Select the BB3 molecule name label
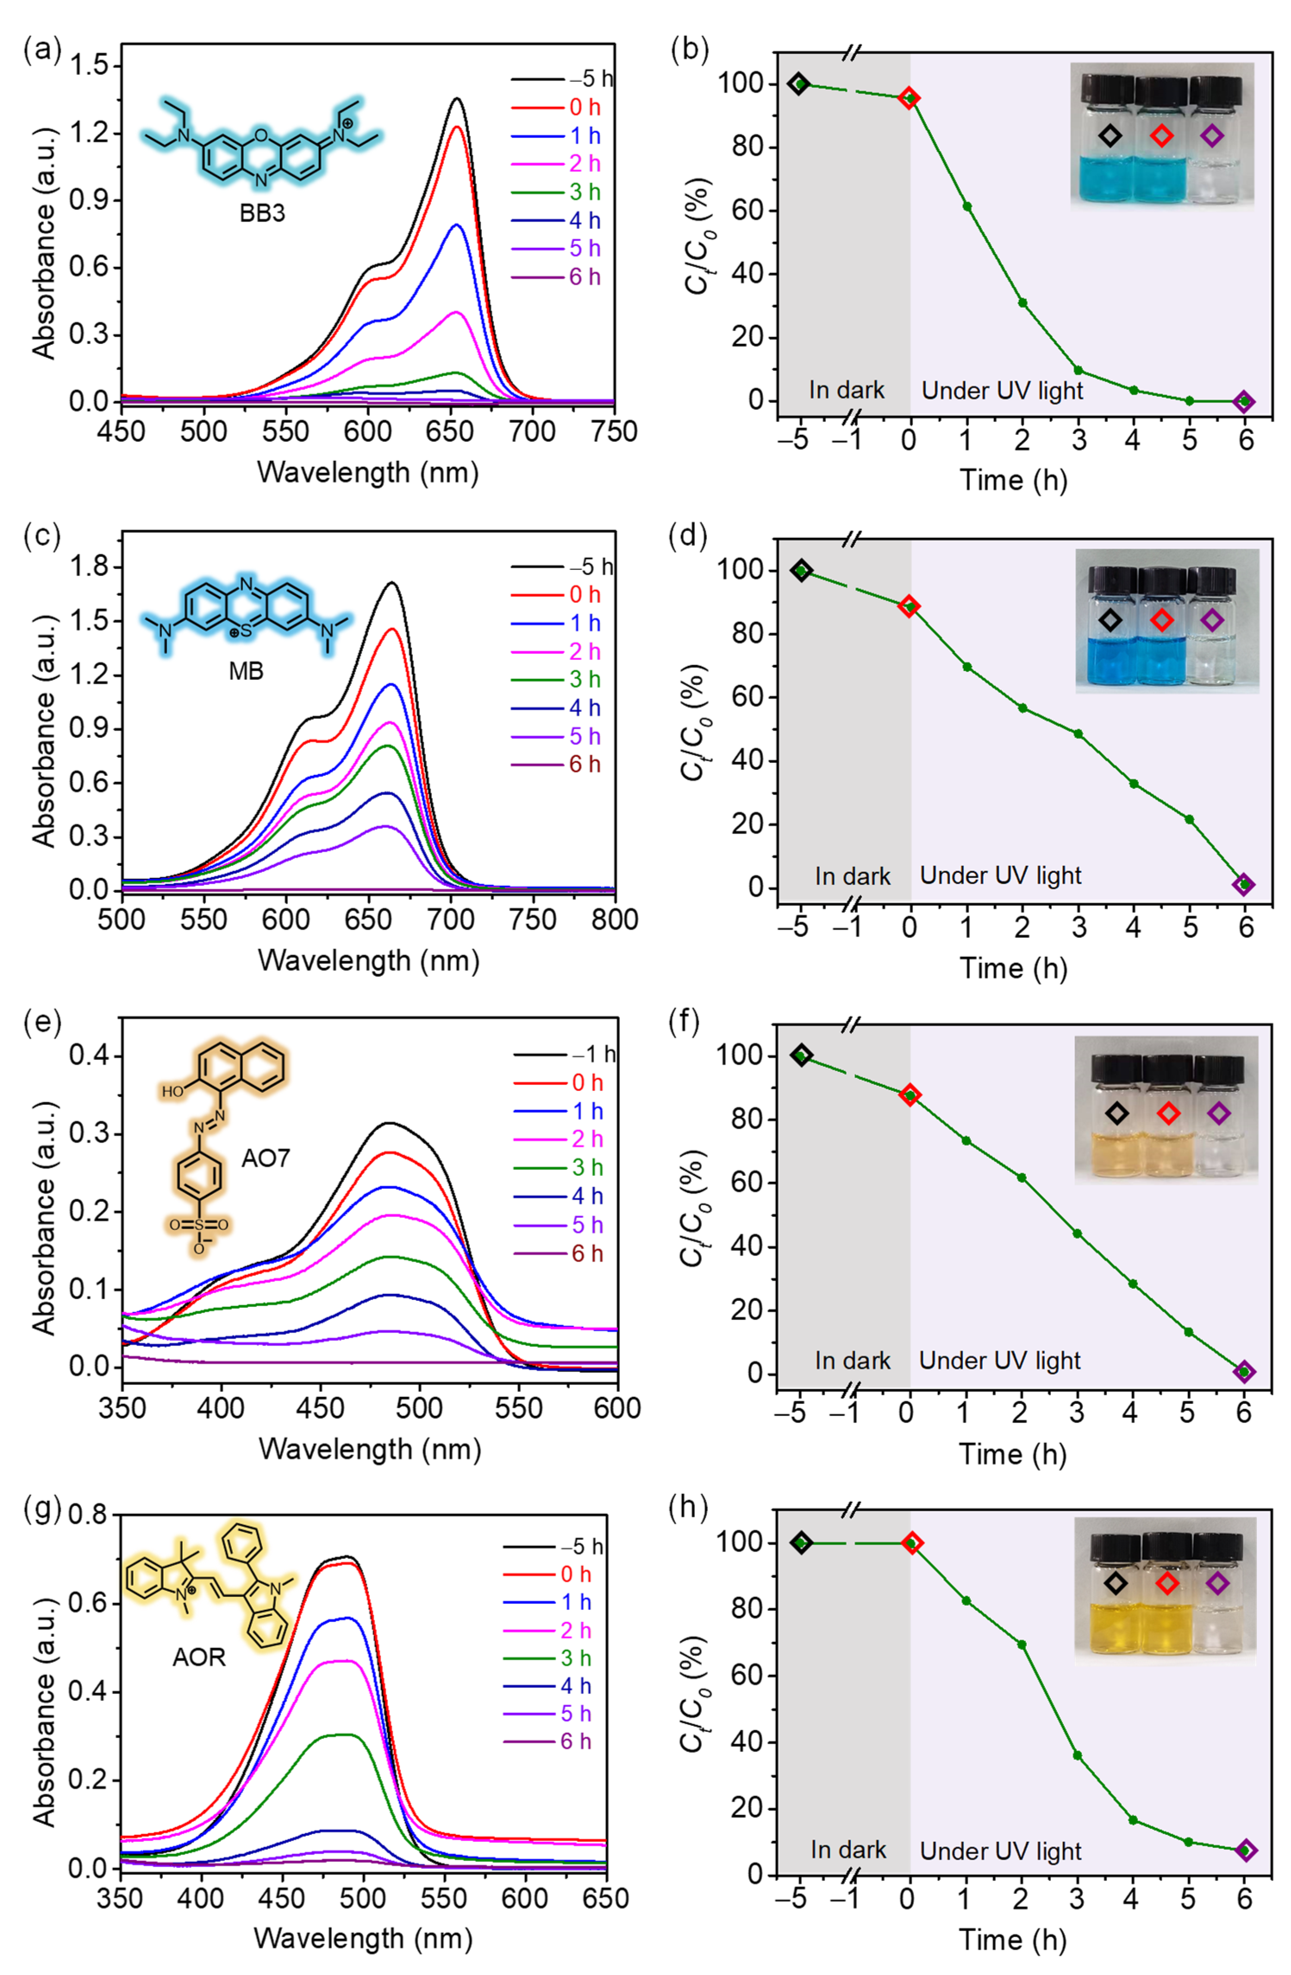click(x=262, y=213)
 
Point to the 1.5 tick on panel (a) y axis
click(x=91, y=66)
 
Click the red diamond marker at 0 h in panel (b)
click(x=910, y=98)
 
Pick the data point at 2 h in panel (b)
click(x=1022, y=303)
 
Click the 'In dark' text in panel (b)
click(x=846, y=390)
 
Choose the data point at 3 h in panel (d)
click(x=1078, y=734)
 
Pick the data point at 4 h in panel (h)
click(x=1132, y=1820)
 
